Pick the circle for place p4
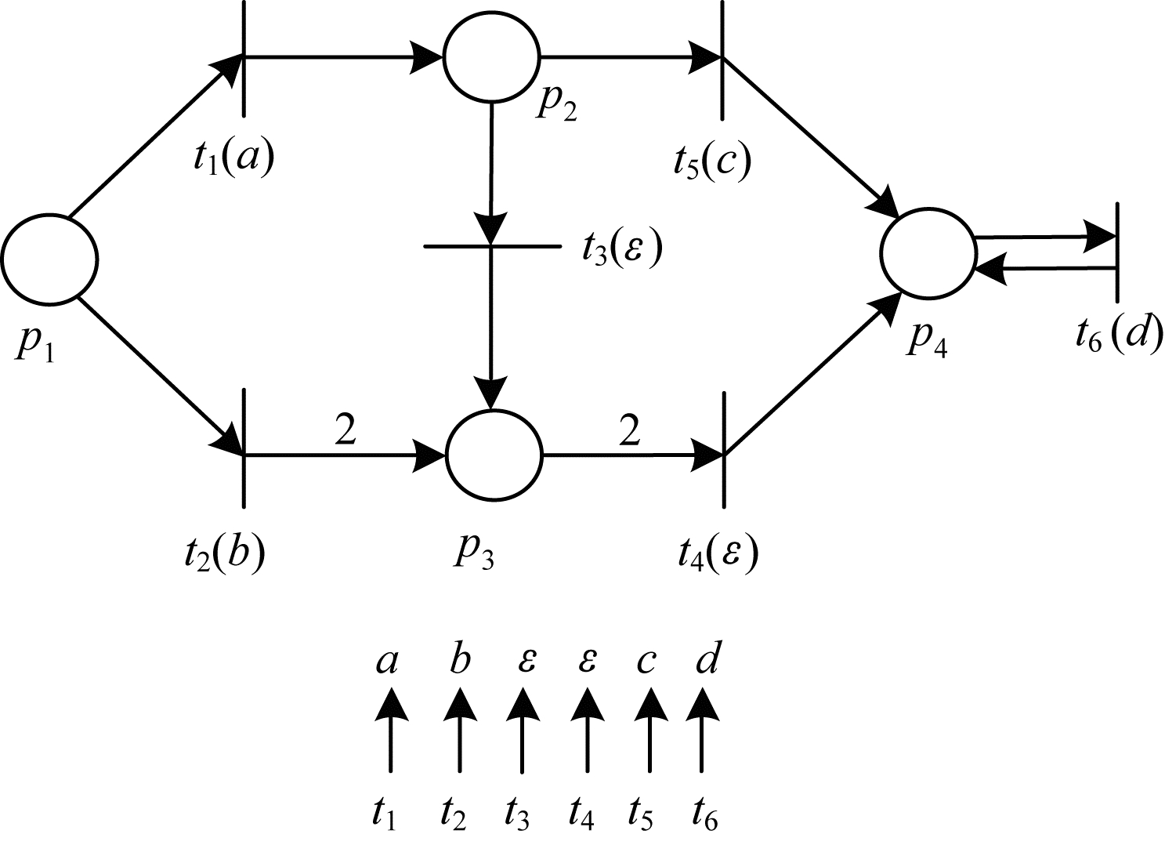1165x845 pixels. [928, 252]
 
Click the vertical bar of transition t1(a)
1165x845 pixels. [244, 59]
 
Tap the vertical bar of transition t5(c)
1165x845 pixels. [722, 59]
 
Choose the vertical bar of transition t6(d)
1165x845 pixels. [1116, 251]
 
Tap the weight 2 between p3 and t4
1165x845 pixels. [628, 430]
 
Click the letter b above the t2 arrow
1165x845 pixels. [459, 662]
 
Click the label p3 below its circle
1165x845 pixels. [473, 553]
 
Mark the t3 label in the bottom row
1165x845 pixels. [517, 815]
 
